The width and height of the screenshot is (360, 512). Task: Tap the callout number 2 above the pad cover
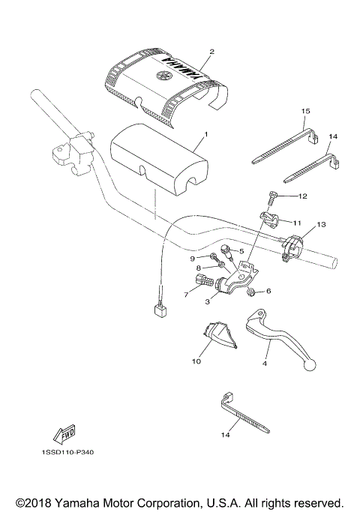212,52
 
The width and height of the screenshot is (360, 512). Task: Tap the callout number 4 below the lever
264,363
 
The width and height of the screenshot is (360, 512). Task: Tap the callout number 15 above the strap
305,112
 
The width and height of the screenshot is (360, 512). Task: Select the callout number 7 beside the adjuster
186,295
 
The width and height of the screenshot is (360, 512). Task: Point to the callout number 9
191,258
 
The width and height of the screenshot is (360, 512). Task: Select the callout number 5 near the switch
241,251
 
